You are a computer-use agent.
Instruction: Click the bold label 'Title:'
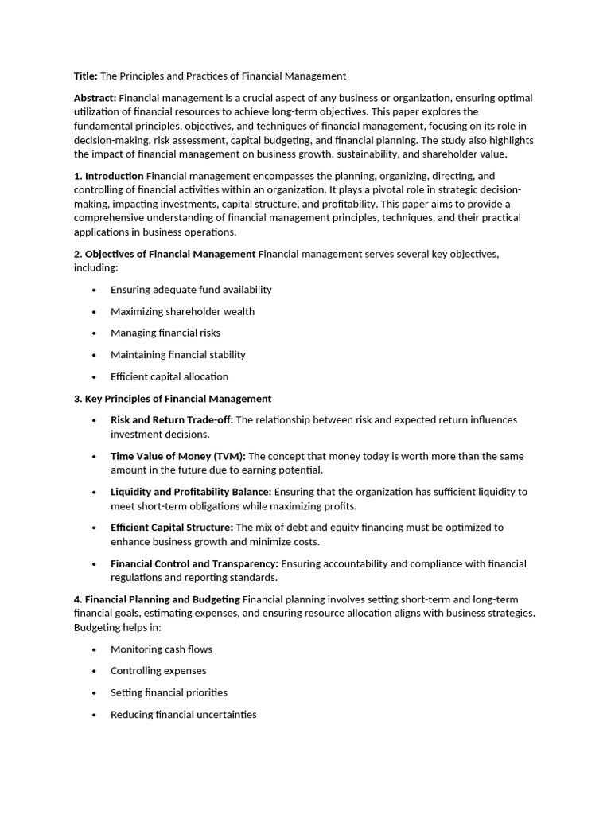(86, 76)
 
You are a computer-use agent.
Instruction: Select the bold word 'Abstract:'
(95, 98)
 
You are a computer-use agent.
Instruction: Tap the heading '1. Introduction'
(109, 176)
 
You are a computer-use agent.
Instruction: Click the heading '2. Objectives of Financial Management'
(165, 254)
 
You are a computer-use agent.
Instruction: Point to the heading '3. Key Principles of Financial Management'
(173, 399)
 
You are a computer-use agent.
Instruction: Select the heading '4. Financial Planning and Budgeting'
(157, 599)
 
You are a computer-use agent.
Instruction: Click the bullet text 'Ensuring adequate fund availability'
(191, 290)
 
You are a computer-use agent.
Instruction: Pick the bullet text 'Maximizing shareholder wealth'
(182, 311)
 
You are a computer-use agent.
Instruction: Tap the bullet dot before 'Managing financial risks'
(94, 333)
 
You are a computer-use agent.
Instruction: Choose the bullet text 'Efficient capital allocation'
(169, 376)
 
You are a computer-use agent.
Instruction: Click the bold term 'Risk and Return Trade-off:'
(172, 420)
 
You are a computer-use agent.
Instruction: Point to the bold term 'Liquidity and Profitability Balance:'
(191, 492)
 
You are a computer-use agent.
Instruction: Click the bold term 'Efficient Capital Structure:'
(172, 528)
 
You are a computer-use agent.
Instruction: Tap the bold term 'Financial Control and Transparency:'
(194, 564)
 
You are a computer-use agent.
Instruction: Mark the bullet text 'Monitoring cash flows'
(162, 649)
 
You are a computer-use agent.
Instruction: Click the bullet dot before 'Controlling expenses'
(94, 672)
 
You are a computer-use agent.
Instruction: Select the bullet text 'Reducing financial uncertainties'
(184, 715)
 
